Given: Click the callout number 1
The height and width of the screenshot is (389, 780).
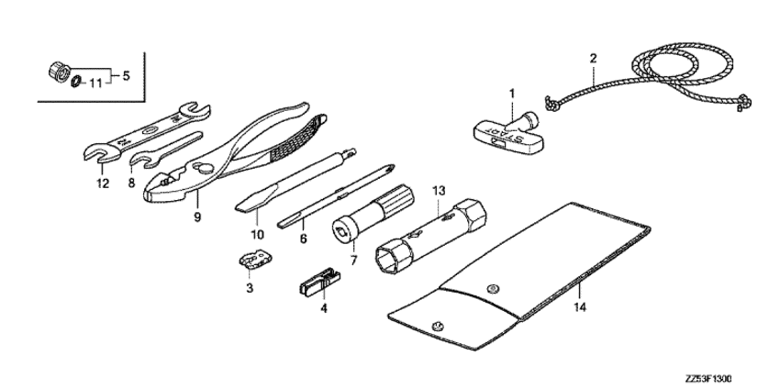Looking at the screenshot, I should (512, 93).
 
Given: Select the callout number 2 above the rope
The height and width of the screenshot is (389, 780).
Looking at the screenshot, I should (593, 60).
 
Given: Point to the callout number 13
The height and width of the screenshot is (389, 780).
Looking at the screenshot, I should (439, 190).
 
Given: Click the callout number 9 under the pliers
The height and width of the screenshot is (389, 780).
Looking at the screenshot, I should (196, 217).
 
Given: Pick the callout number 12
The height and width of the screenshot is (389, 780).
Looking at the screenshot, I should (102, 183).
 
